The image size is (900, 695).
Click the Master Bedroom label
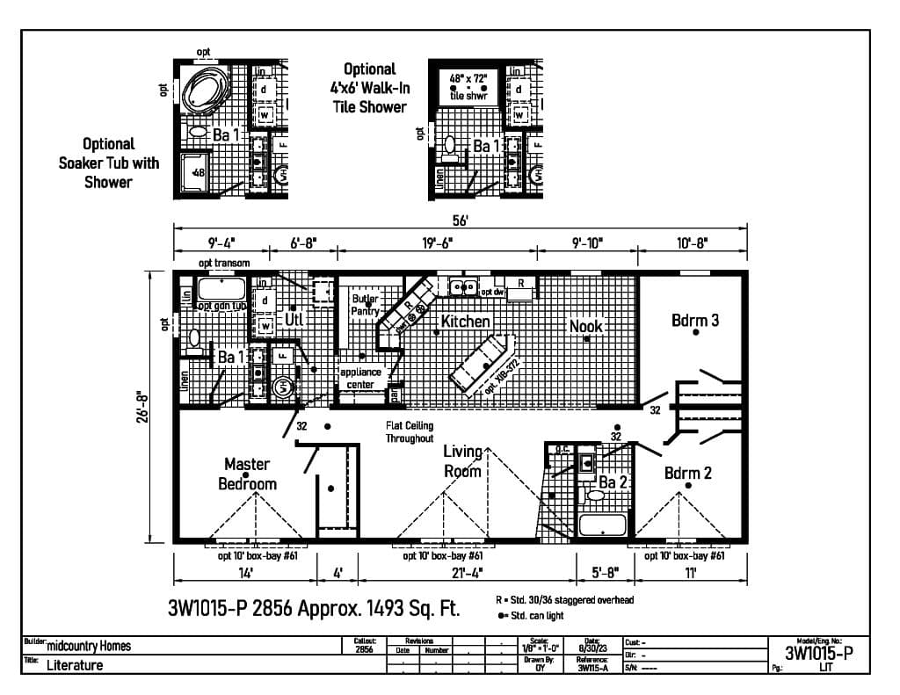247,474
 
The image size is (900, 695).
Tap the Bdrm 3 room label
695,321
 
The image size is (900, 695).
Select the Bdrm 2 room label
687,474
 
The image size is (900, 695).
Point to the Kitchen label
465,322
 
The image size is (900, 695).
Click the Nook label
585,326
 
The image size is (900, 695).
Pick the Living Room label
462,461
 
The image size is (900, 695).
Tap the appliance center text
360,378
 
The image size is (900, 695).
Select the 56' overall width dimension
461,220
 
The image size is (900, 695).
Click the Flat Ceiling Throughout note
409,431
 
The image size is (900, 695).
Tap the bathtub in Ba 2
603,525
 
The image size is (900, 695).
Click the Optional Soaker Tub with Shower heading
109,163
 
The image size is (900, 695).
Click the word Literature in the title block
75,665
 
